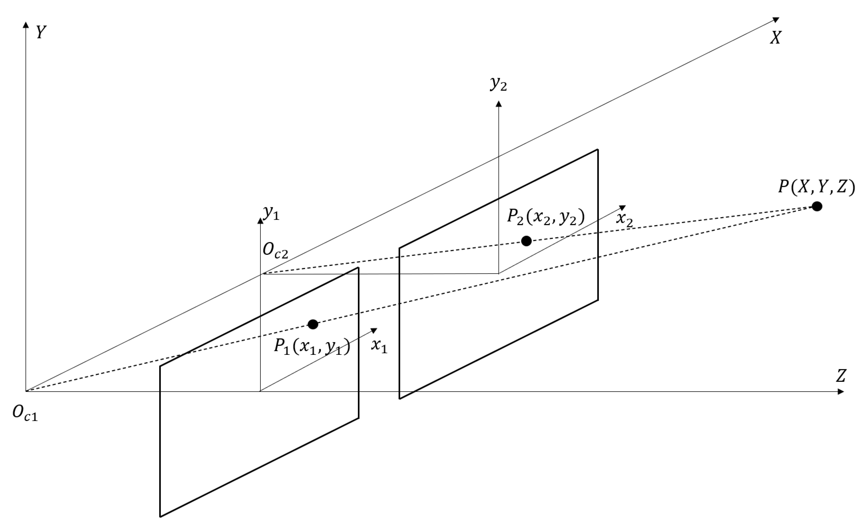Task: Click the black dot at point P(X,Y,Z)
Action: pos(817,206)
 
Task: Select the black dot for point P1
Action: pos(313,324)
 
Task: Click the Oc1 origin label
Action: pos(25,412)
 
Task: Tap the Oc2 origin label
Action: pos(275,251)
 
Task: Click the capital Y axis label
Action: pos(41,32)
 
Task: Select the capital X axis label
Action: pos(775,37)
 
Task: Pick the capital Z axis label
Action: pos(841,376)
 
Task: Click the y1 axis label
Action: pos(271,212)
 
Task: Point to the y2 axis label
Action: pos(498,84)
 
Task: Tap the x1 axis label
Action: pos(379,346)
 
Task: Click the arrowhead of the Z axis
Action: pos(841,391)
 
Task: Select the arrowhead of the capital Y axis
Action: pos(26,25)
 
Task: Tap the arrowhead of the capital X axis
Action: pos(776,20)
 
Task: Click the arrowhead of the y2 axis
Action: pos(498,104)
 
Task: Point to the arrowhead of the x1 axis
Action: pos(374,330)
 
